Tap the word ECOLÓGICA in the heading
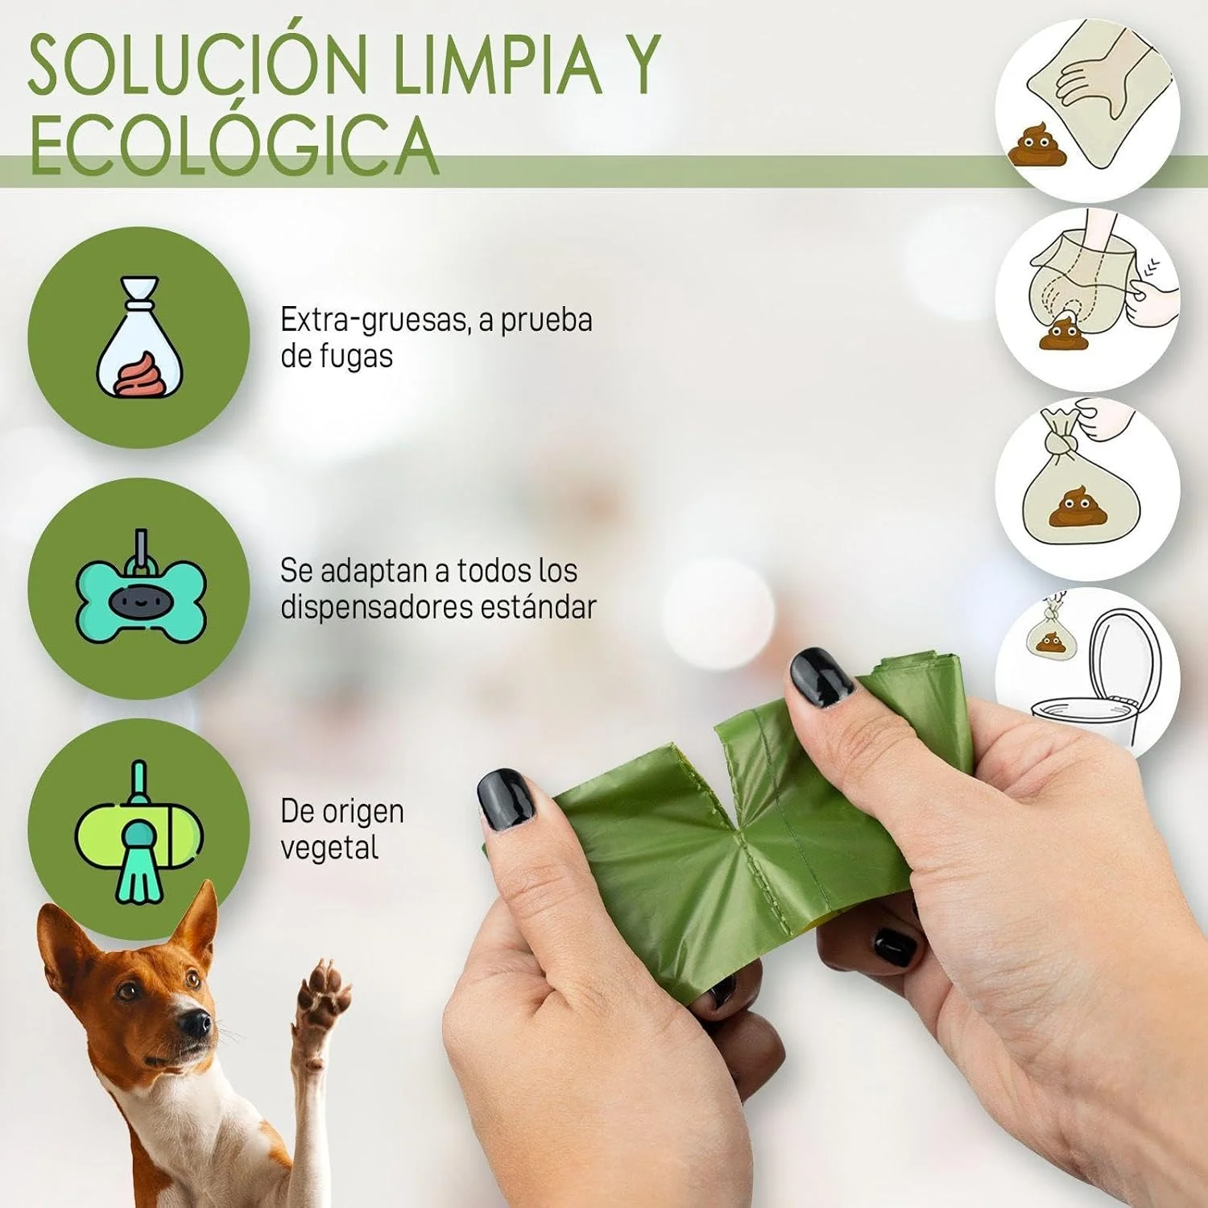click(234, 144)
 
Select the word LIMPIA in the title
click(498, 64)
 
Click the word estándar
click(539, 606)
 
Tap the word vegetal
click(329, 848)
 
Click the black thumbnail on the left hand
click(506, 798)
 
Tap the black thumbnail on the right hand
click(821, 677)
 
